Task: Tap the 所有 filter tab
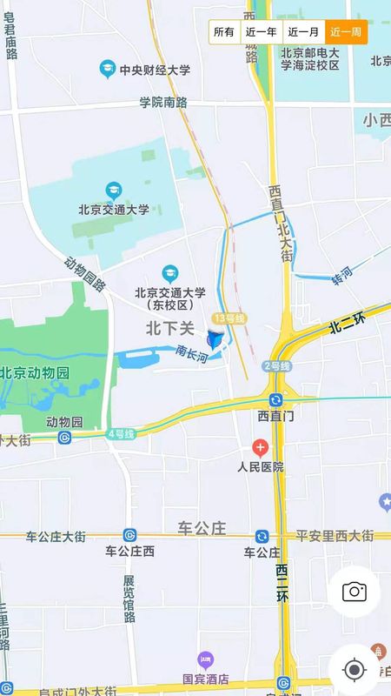[224, 32]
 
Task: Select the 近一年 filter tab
[261, 32]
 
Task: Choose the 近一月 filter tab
[304, 32]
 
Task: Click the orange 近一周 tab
[346, 32]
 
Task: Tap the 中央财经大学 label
[155, 70]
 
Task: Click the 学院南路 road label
[163, 102]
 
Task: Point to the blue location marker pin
[215, 338]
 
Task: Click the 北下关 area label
[169, 327]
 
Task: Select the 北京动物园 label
[35, 373]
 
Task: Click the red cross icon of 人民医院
[260, 448]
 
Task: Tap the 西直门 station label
[276, 416]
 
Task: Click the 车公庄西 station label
[129, 551]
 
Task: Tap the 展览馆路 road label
[129, 599]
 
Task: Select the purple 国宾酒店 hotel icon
[205, 660]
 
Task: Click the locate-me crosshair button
[354, 670]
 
